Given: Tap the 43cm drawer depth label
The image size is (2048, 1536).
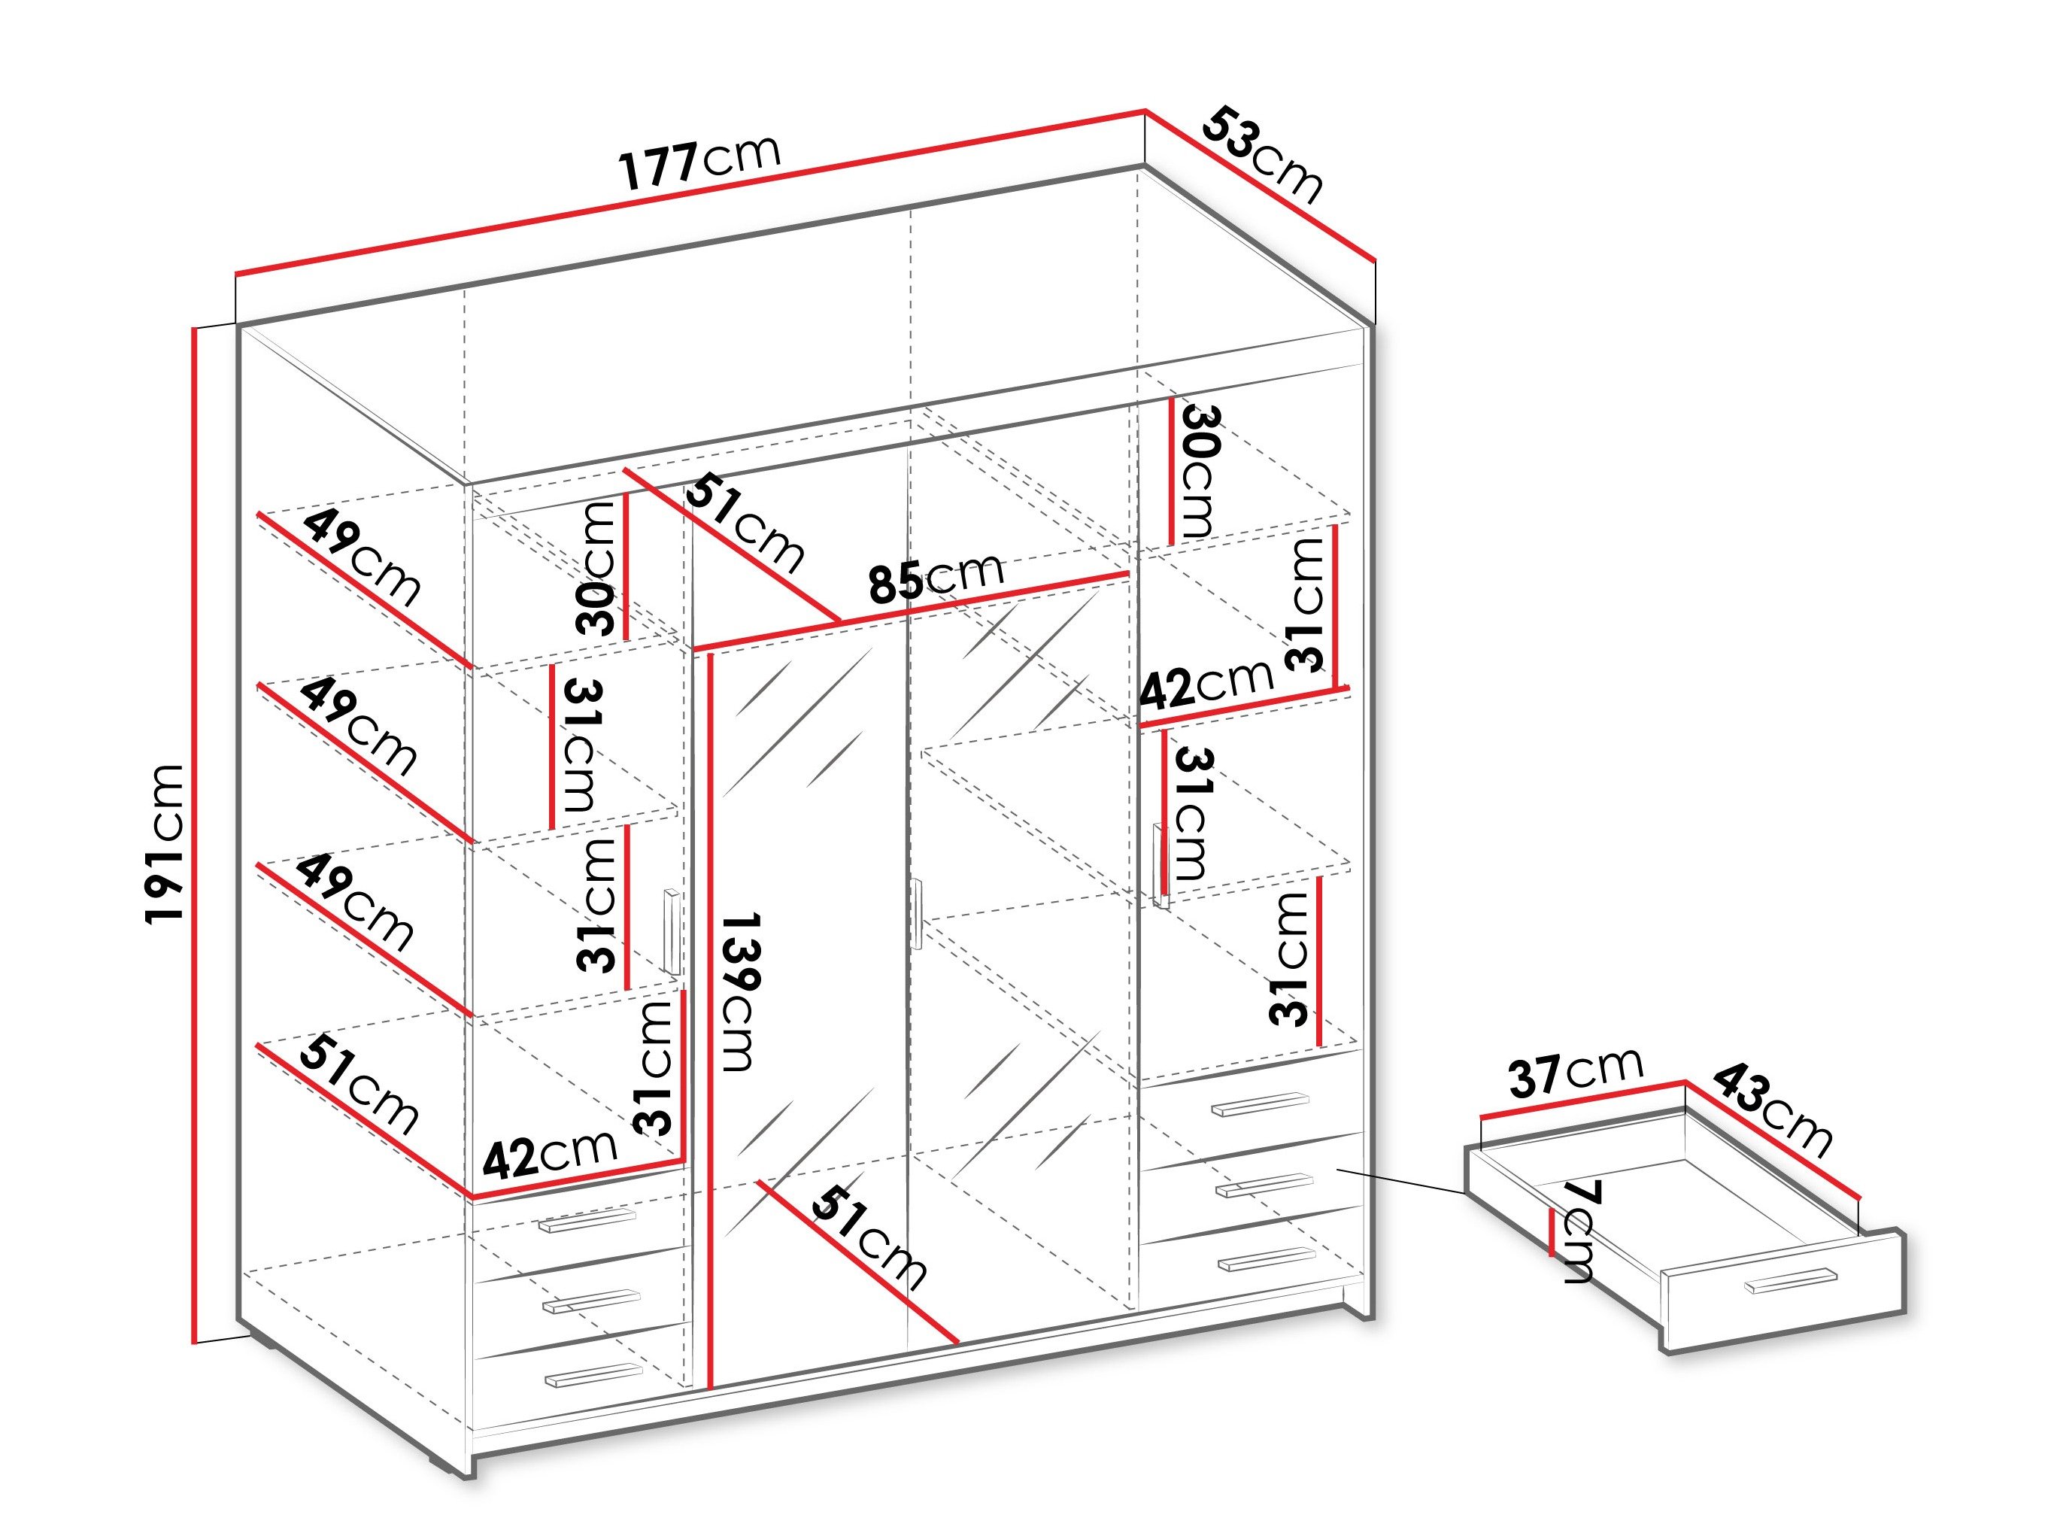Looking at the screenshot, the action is pos(1771,1110).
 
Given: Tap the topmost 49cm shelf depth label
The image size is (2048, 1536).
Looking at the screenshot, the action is pos(362,556).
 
